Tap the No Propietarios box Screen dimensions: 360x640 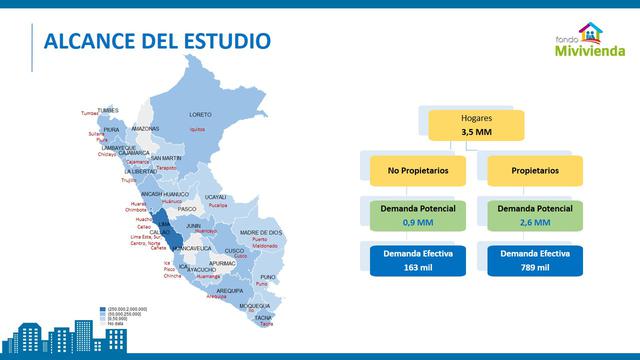coord(410,170)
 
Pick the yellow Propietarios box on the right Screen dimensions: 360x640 coord(534,170)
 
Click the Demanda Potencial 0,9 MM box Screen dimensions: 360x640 coord(410,215)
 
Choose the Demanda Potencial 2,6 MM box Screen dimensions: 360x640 coord(534,215)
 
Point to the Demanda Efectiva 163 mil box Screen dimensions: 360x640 coord(410,261)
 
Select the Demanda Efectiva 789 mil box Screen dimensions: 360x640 coord(534,261)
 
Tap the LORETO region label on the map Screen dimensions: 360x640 coord(200,114)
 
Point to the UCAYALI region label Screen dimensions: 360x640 coord(216,197)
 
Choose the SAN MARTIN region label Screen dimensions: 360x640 coord(166,158)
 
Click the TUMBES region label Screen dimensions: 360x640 coord(107,110)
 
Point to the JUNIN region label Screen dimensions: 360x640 coord(194,226)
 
